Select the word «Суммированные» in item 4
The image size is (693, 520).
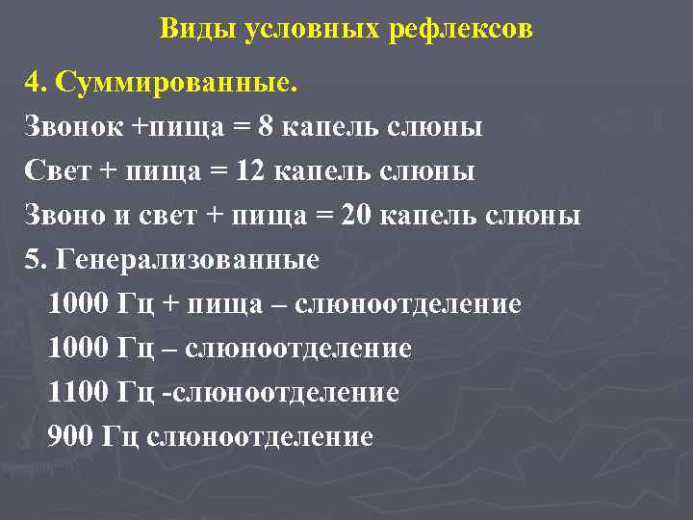tap(172, 83)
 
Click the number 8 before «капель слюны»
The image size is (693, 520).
tap(265, 127)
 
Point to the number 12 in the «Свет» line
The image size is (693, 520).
tap(250, 171)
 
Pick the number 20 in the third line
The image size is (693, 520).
tap(356, 216)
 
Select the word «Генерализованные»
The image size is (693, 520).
tap(189, 260)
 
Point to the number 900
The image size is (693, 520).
tap(68, 437)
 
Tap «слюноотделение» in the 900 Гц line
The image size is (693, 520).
tap(260, 437)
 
